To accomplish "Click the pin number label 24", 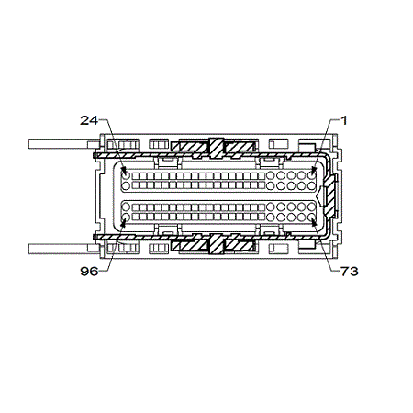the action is click(89, 120).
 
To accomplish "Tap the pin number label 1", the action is click(344, 120).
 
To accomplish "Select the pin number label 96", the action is click(89, 271).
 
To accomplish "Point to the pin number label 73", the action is click(349, 271).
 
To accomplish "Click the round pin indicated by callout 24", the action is click(126, 175).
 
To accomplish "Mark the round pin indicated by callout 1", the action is click(311, 175).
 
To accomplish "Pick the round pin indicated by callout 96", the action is click(126, 218).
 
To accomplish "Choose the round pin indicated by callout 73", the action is click(311, 218).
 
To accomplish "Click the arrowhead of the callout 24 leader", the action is click(124, 170).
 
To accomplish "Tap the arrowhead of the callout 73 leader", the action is click(313, 223).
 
